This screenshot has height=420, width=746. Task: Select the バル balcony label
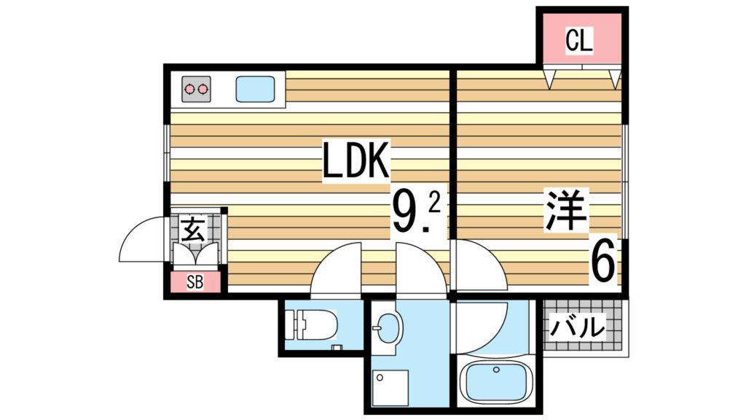(x=578, y=327)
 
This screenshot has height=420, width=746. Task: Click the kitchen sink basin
(x=256, y=90)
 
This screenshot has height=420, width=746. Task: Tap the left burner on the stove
(x=190, y=89)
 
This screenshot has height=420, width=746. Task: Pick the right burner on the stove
(x=203, y=89)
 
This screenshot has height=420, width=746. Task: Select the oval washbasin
(x=390, y=329)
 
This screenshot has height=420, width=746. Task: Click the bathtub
(x=495, y=381)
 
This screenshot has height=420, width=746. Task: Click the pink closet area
(x=581, y=38)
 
